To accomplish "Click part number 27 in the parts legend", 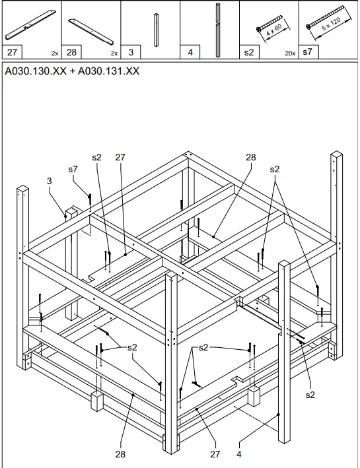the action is pos(12,52).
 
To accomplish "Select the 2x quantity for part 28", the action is pos(114,53).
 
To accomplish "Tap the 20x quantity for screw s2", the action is pos(290,53).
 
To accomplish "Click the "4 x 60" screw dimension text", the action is pos(274,30).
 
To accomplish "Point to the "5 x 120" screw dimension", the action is pos(331,24).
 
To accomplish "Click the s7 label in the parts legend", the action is pos(307,52).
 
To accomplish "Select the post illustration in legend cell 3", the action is pos(157,30).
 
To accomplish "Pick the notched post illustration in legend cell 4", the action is pos(218,30).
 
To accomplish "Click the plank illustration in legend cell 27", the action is pos(30,25).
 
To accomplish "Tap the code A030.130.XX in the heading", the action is pos(36,71).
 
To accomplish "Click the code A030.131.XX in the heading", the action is pos(108,71).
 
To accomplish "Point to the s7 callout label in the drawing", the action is pos(73,169).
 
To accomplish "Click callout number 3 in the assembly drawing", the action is pos(50,181).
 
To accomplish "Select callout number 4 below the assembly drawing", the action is pos(238,454).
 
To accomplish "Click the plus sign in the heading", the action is pos(72,71).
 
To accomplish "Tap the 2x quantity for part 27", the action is pos(55,53).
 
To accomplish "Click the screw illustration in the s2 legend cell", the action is pos(269,23).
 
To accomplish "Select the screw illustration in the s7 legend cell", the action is pos(325,17).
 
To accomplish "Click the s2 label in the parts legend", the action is pos(249,52).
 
